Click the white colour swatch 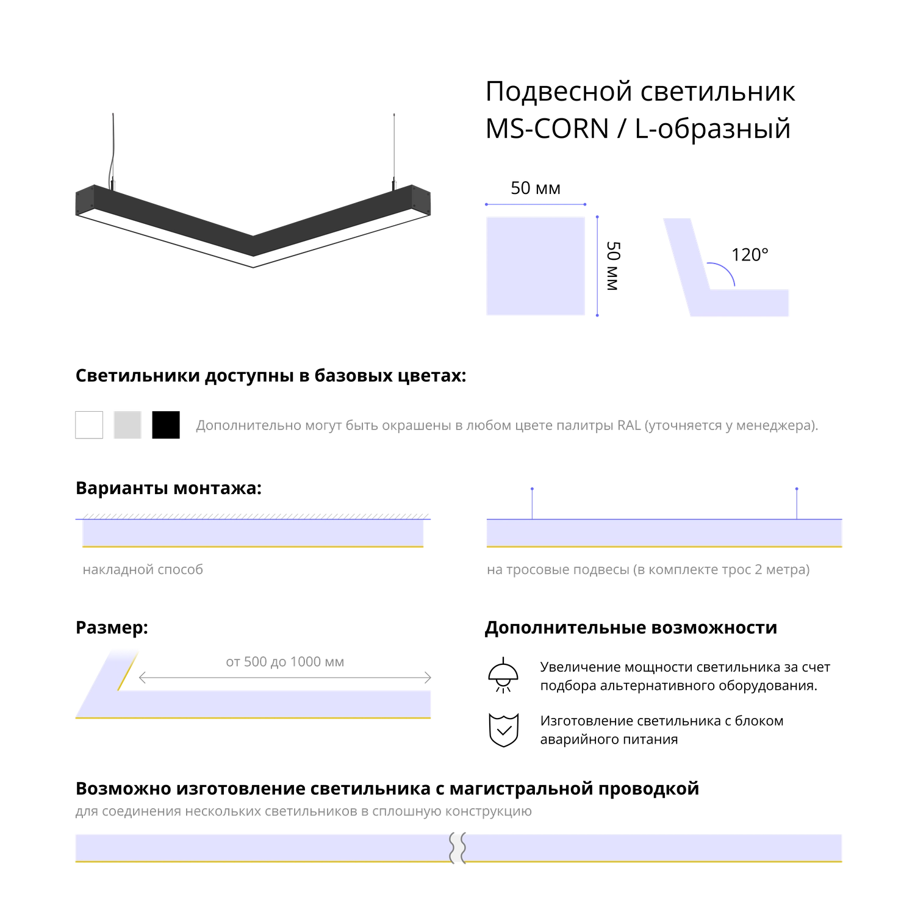coord(89,425)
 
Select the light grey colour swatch coord(127,425)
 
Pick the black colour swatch coord(166,425)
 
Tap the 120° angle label coord(750,254)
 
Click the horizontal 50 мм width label coord(536,188)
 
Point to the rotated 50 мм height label coord(613,266)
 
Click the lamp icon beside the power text coord(503,675)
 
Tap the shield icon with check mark coord(504,730)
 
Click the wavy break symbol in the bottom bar coord(457,848)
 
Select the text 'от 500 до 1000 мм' coord(285,662)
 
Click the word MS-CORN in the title coord(547,129)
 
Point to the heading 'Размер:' coord(112,628)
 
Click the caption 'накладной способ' coord(143,570)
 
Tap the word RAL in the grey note coord(629,425)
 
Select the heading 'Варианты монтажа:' coord(168,489)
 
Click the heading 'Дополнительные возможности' coord(631,628)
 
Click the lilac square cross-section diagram coord(536,266)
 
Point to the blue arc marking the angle coord(723,273)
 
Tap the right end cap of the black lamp coord(421,199)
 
